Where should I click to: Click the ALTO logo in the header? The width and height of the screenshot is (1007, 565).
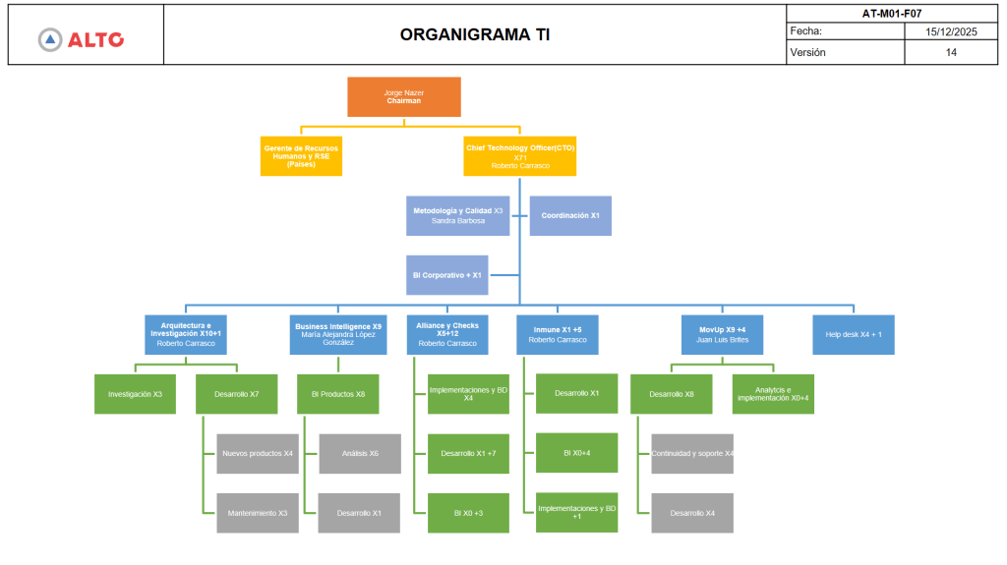click(81, 39)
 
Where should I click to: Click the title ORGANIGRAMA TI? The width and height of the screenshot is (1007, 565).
click(475, 34)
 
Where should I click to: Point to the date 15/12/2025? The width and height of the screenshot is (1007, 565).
click(951, 31)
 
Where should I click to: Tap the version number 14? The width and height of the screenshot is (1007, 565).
click(951, 52)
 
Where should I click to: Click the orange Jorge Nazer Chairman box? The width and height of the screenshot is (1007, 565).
click(403, 96)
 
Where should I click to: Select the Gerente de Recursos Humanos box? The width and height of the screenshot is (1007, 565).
click(301, 156)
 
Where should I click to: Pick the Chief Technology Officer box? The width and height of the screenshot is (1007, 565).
click(519, 156)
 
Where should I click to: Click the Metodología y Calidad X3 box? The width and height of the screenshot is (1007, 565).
click(457, 216)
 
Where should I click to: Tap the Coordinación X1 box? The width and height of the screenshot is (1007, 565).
click(570, 216)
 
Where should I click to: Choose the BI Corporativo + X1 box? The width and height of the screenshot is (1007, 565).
click(446, 275)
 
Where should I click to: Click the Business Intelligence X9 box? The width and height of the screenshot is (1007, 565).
click(338, 334)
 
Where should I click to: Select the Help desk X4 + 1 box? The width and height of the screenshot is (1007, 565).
click(854, 334)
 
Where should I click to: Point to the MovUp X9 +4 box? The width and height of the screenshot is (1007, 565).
click(723, 334)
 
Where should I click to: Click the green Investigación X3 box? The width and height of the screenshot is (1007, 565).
click(135, 394)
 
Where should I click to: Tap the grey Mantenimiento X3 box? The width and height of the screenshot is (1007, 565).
click(257, 513)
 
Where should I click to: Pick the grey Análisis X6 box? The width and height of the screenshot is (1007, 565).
click(360, 454)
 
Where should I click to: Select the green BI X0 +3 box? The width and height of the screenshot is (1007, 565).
click(468, 513)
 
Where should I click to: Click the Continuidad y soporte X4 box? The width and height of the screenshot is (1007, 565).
click(692, 454)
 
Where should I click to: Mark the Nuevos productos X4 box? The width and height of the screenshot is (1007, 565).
click(257, 454)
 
